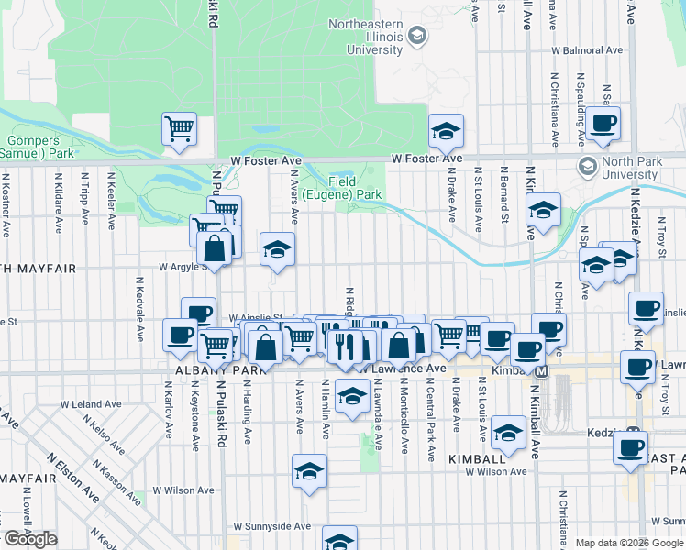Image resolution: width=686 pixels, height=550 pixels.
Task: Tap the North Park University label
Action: pyautogui.click(x=631, y=169)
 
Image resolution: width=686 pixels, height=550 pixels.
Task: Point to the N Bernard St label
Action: pyautogui.click(x=503, y=194)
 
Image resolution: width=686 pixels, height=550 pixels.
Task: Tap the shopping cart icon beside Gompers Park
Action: pyautogui.click(x=179, y=128)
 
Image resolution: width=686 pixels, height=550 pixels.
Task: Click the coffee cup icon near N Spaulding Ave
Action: pyautogui.click(x=603, y=124)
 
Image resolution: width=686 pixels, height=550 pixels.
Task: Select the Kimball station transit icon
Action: pyautogui.click(x=542, y=371)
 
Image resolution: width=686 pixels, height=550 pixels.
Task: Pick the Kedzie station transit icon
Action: pyautogui.click(x=632, y=434)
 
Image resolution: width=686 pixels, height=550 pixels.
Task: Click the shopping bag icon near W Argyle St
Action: pyautogui.click(x=214, y=247)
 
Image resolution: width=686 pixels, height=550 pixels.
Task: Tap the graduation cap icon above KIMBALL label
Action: pyautogui.click(x=507, y=432)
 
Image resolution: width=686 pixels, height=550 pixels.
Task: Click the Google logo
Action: pyautogui.click(x=30, y=539)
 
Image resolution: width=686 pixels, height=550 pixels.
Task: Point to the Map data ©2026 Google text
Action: pyautogui.click(x=629, y=543)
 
